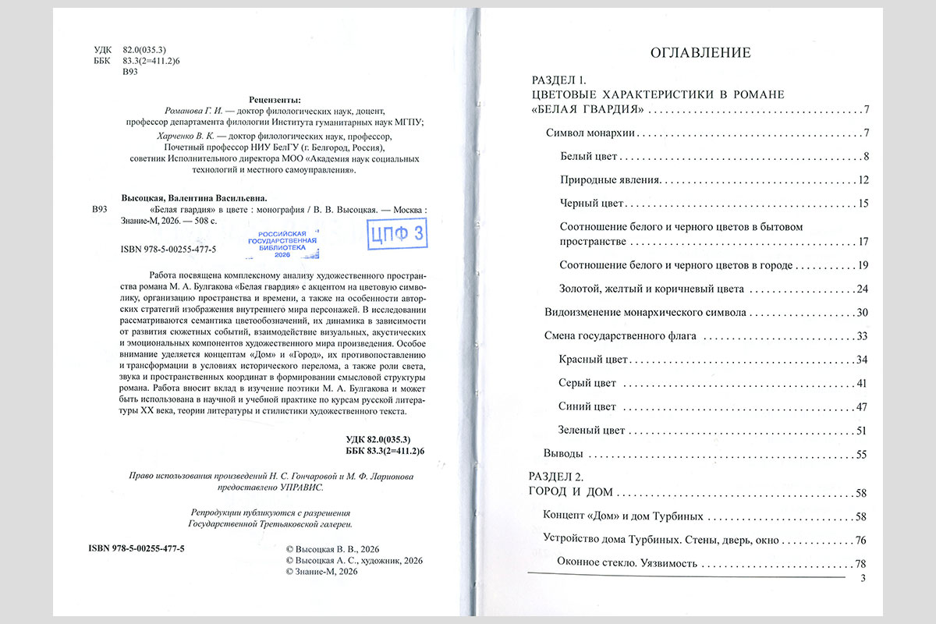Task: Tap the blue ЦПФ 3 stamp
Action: (x=398, y=232)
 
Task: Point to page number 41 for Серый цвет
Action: (x=861, y=383)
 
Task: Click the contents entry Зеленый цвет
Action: (x=593, y=430)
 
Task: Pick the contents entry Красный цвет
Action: (x=594, y=360)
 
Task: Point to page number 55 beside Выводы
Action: (x=861, y=454)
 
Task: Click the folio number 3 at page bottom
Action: (x=862, y=578)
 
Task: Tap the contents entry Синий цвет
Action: (x=587, y=406)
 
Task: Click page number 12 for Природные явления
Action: (x=862, y=180)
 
